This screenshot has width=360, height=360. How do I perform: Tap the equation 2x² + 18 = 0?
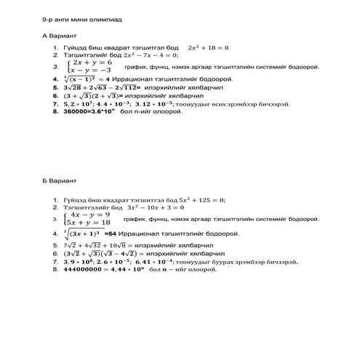coord(207,48)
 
